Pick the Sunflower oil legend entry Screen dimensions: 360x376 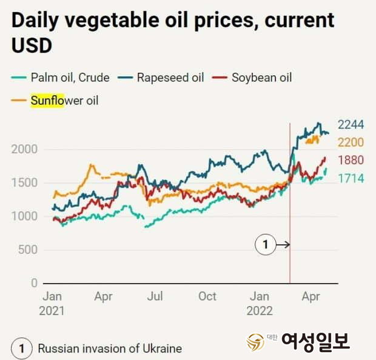pos(64,100)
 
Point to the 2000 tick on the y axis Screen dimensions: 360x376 pos(24,149)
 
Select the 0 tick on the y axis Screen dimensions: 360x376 pos(35,283)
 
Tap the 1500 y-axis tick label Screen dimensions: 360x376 pos(24,183)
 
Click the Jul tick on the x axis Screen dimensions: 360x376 pos(155,296)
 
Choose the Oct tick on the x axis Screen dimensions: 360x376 pos(207,296)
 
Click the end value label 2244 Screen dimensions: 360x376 pos(351,125)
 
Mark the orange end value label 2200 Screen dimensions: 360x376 pos(351,142)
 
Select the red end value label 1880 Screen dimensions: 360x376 pos(351,161)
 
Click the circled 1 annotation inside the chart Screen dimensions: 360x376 pos(265,245)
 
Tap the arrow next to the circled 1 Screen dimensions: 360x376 pos(283,245)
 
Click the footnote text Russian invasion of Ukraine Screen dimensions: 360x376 pos(110,348)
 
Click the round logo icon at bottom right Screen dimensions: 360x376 pos(255,342)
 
